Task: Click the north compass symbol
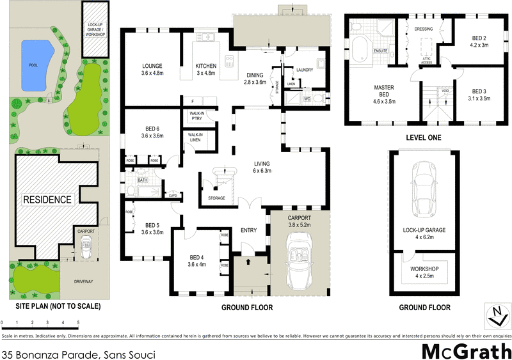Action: tap(493, 315)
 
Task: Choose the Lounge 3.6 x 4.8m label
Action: tap(152, 70)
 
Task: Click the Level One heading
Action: tap(424, 137)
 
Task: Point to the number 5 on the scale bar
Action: tap(78, 323)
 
